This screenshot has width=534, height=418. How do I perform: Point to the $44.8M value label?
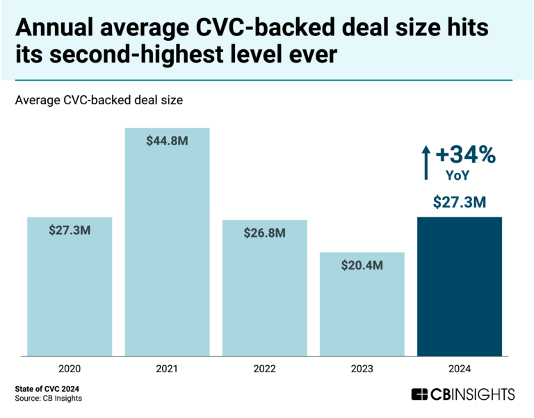(x=167, y=140)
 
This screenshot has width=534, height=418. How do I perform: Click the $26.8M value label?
(x=264, y=233)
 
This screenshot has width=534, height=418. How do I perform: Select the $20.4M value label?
(x=362, y=265)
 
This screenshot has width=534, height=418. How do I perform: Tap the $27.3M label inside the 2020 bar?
(x=70, y=230)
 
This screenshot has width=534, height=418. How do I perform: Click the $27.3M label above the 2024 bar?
(x=459, y=202)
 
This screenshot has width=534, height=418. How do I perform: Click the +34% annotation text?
(x=466, y=155)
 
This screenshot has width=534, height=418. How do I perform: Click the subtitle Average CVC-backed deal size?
(x=98, y=101)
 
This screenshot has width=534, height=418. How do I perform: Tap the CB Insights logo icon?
(x=419, y=394)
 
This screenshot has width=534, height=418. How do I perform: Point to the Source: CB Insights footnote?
(x=52, y=399)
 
